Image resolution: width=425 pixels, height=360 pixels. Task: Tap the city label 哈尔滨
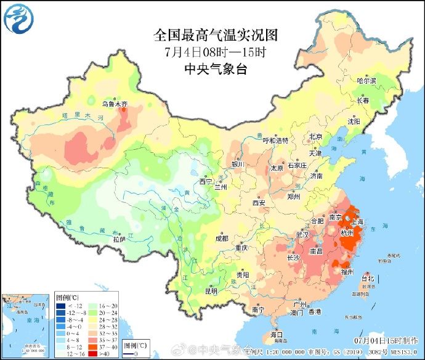click(x=366, y=81)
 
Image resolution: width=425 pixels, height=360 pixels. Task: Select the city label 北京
click(x=315, y=137)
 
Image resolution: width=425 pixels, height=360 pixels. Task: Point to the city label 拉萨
click(x=119, y=239)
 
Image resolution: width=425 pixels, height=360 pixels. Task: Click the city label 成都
click(x=221, y=238)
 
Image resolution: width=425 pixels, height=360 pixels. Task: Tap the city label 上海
click(x=357, y=222)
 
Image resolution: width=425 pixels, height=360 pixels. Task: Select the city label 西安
click(x=259, y=202)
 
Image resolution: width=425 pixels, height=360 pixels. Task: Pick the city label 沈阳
click(x=354, y=121)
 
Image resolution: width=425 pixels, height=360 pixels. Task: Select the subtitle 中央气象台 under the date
click(x=216, y=69)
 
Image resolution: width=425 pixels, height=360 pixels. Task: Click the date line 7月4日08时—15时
click(x=216, y=51)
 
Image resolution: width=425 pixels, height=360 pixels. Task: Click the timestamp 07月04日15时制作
click(x=387, y=340)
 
